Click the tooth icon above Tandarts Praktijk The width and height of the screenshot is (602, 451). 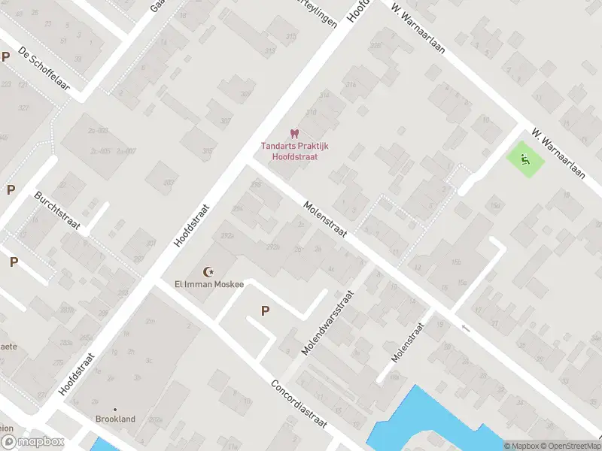point(294,133)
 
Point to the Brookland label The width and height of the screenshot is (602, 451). point(115,419)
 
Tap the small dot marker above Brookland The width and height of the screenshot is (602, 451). point(115,408)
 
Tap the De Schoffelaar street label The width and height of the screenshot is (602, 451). point(44,70)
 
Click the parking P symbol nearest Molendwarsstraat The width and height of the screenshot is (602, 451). point(265,310)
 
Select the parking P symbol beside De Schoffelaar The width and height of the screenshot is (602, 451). point(6,56)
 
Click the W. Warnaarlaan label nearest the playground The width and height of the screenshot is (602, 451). point(558,153)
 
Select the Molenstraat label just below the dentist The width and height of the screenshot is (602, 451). point(326,219)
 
